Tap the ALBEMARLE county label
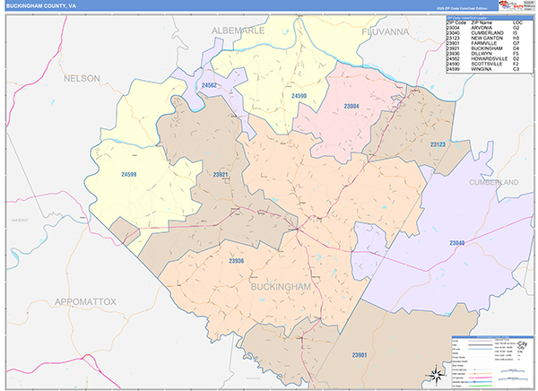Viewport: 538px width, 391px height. pos(239,30)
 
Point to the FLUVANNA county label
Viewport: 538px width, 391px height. pos(379,30)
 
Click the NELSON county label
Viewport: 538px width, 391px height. pos(82,79)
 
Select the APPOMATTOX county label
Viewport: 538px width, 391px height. pos(85,301)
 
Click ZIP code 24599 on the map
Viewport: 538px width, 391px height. pos(131,174)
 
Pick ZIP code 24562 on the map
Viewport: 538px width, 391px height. pos(210,85)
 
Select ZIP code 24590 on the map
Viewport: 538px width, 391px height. pos(299,95)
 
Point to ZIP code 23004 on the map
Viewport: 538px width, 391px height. pos(351,106)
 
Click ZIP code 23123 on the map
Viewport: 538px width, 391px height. pos(438,144)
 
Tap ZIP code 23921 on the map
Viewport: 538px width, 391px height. pos(220,174)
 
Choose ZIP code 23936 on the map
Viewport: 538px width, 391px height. pos(236,261)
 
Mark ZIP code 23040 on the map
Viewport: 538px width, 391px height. pos(456,244)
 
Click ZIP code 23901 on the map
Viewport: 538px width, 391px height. pos(360,356)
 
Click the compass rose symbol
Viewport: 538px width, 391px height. pos(433,375)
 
